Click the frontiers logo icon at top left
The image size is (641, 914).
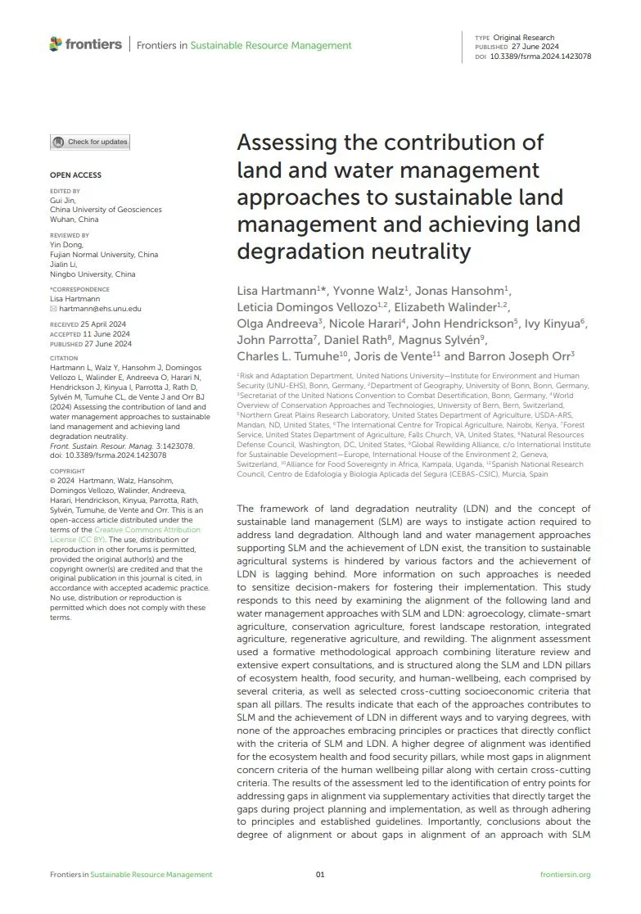click(x=56, y=44)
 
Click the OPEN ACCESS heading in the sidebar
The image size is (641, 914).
click(x=75, y=175)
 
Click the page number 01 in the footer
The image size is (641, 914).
click(x=320, y=875)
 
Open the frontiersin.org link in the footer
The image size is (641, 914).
click(x=566, y=875)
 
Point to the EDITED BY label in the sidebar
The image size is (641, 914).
click(x=65, y=191)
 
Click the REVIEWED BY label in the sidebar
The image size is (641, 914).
click(x=70, y=235)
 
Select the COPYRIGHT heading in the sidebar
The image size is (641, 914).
click(x=67, y=471)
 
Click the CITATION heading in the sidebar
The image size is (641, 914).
click(x=64, y=358)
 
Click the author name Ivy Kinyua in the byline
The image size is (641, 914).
click(x=555, y=324)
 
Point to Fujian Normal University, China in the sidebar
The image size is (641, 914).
click(x=104, y=255)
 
